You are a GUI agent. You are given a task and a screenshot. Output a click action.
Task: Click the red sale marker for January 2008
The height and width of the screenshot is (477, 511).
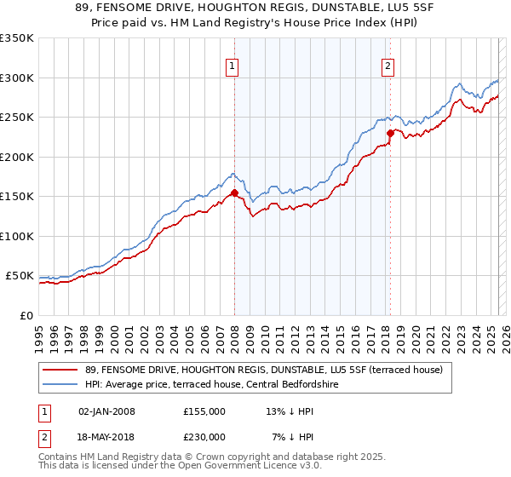234,193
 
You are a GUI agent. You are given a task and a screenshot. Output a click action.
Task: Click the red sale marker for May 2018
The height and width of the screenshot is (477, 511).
390,133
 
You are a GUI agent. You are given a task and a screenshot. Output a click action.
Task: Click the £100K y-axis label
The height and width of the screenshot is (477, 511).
17,236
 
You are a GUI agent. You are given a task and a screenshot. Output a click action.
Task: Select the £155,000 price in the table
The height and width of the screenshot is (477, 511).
204,411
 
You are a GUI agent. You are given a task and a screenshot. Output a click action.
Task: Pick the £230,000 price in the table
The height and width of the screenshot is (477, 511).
204,436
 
